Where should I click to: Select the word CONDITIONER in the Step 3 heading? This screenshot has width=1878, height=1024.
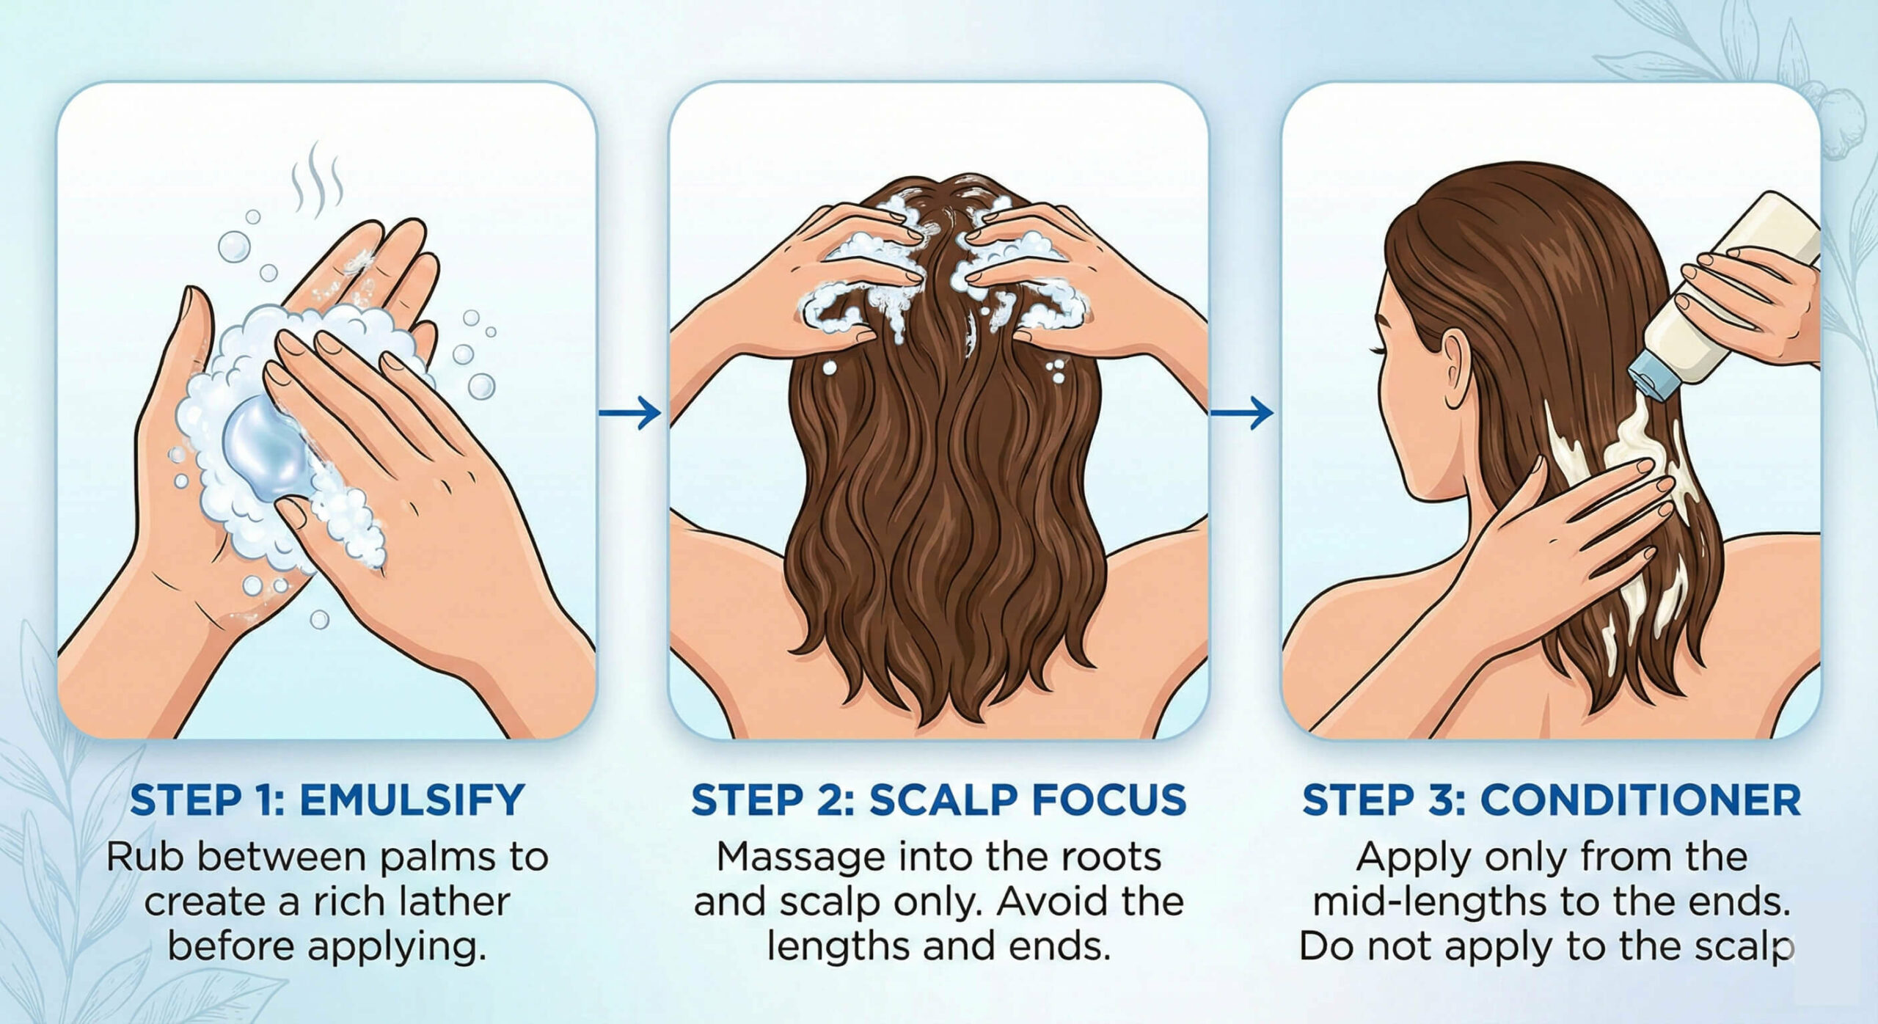point(1640,800)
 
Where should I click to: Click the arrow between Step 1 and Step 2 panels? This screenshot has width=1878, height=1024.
point(629,413)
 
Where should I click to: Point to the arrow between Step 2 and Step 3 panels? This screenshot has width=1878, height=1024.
point(1241,413)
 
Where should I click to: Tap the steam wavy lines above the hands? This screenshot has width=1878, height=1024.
point(317,179)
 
